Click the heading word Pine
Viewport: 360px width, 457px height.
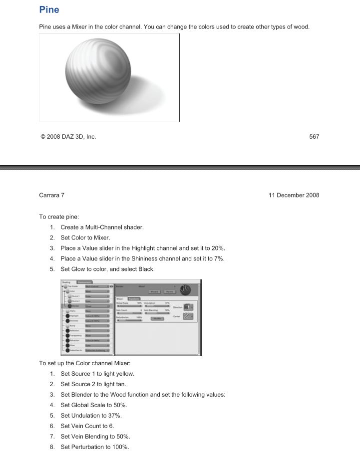pyautogui.click(x=49, y=9)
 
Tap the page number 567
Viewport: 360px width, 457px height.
pyautogui.click(x=314, y=137)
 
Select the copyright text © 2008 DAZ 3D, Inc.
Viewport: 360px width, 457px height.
pyautogui.click(x=68, y=137)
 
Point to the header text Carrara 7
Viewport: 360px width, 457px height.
pyautogui.click(x=51, y=195)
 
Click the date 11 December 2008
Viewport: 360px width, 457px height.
pyautogui.click(x=294, y=195)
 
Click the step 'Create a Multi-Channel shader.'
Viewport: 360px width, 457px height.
pyautogui.click(x=102, y=227)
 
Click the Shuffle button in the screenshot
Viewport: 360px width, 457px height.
pyautogui.click(x=158, y=318)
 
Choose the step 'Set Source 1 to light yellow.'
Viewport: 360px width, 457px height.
pyautogui.click(x=97, y=374)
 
